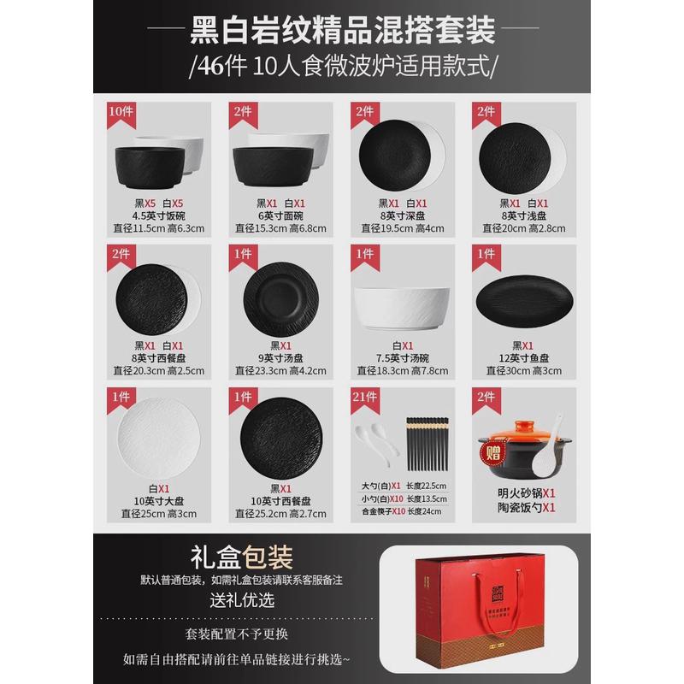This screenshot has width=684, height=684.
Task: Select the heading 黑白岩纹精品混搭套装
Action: (x=342, y=32)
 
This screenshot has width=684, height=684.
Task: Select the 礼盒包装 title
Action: (x=245, y=557)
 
